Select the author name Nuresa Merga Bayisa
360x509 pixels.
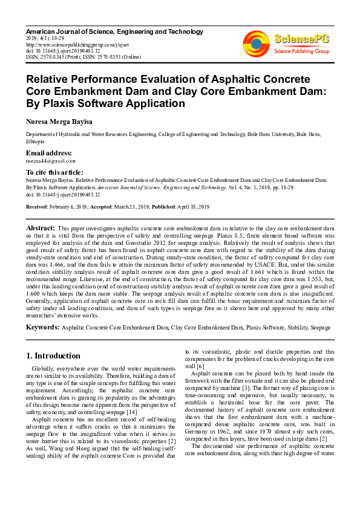pyautogui.click(x=59, y=122)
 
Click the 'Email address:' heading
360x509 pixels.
pyautogui.click(x=48, y=153)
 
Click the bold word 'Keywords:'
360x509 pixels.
pyautogui.click(x=42, y=327)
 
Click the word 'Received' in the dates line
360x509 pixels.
pyautogui.click(x=37, y=207)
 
